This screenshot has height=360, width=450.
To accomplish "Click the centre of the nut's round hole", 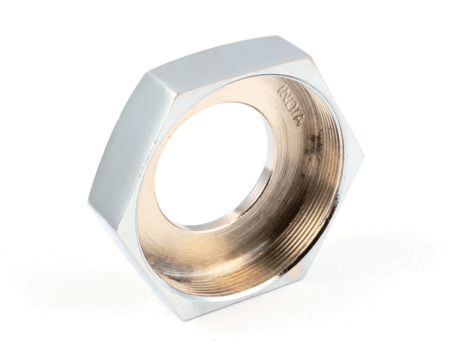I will tap(213, 164).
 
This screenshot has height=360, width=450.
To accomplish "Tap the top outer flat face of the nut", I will tap(225, 55).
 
